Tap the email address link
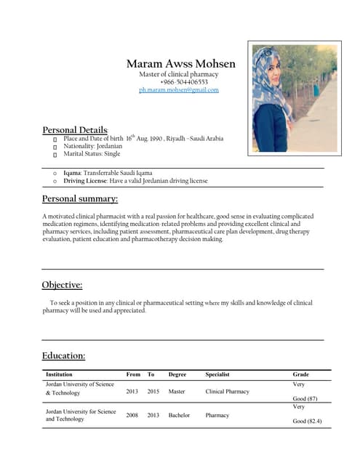tap(178, 90)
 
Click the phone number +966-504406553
tap(178, 82)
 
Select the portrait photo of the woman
tap(294, 98)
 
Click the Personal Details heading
tap(76, 130)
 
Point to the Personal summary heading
tap(80, 198)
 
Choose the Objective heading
tap(62, 285)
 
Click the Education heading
tap(64, 355)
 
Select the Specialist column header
tap(220, 374)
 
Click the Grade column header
tap(300, 374)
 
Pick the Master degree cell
tap(177, 392)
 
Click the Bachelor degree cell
tap(179, 416)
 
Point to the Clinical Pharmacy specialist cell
tap(227, 392)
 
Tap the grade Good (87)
tap(305, 399)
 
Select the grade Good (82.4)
tap(307, 421)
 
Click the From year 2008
tap(132, 416)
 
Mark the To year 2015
tap(153, 392)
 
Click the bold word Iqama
tap(71, 173)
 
